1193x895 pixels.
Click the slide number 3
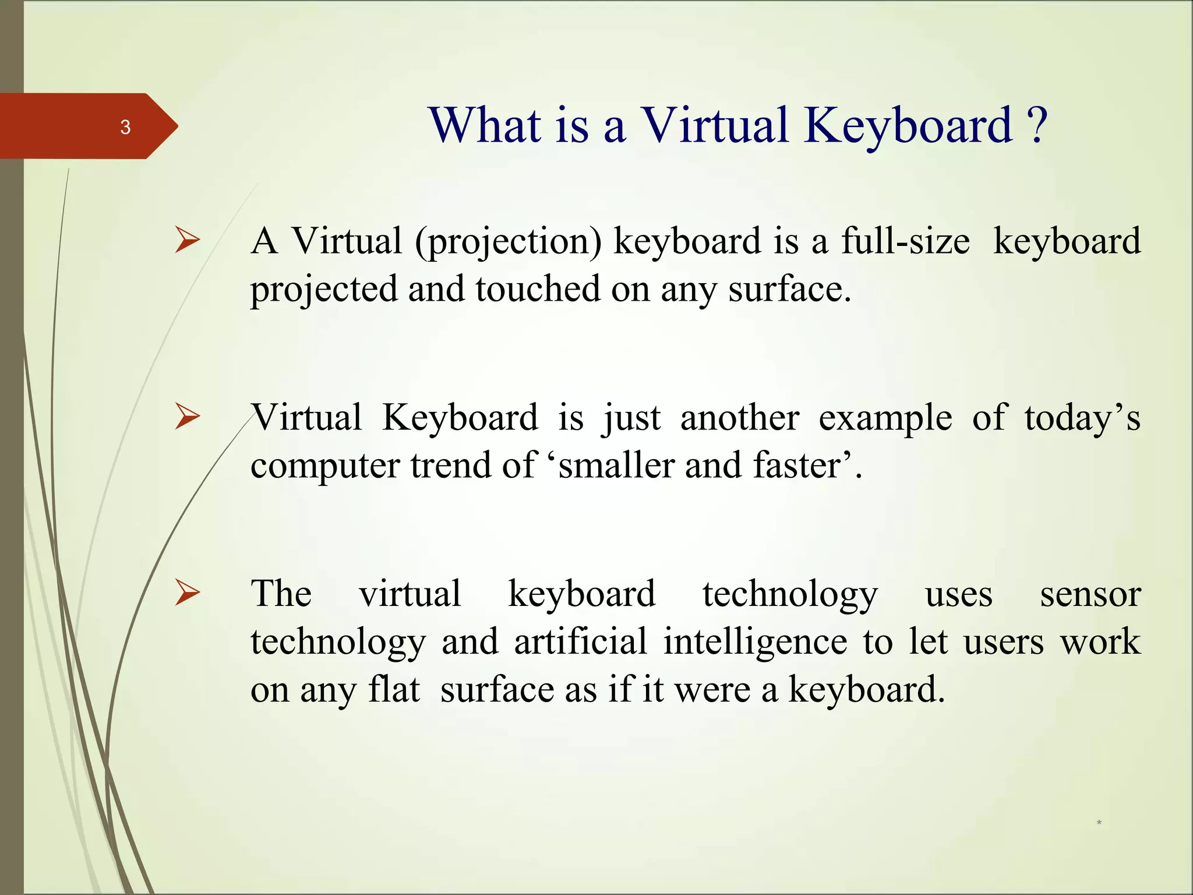point(125,127)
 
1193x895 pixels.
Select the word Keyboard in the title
point(909,127)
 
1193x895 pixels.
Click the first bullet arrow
point(187,241)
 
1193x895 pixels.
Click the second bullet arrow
point(187,417)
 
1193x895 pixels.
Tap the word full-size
point(905,241)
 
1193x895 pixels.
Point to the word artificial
point(580,642)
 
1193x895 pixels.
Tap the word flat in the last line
point(394,690)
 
